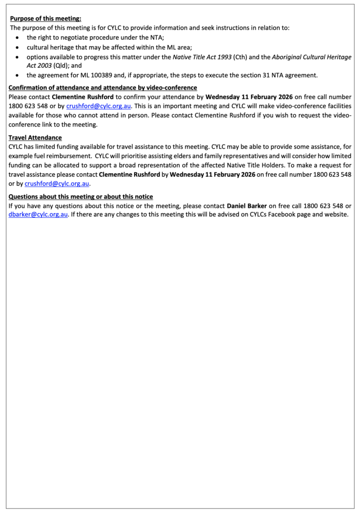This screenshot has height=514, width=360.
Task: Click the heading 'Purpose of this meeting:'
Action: pyautogui.click(x=46, y=19)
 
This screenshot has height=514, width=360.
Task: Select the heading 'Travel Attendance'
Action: pyautogui.click(x=35, y=138)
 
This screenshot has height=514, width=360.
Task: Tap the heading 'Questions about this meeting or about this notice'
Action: pyautogui.click(x=81, y=196)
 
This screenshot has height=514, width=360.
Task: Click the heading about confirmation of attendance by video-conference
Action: pyautogui.click(x=103, y=87)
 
